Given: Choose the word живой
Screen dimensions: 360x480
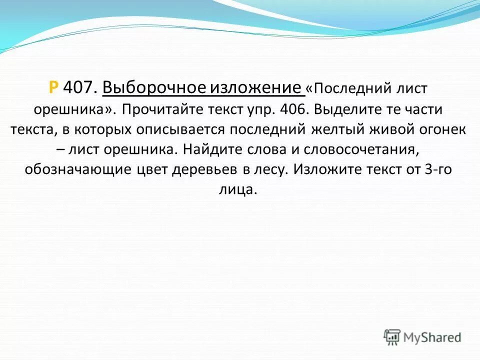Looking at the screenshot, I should coord(388,129).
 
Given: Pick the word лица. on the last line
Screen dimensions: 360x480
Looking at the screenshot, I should coord(241,189).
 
